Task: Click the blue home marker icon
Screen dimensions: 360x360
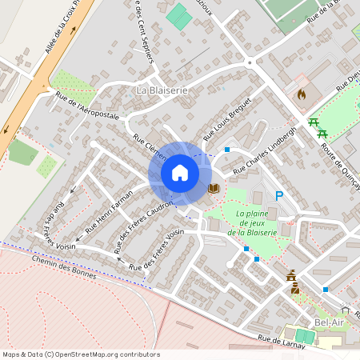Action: [x=180, y=173]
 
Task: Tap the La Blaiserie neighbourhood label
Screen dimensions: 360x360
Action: [x=162, y=90]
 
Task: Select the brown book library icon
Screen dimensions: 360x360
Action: [x=213, y=188]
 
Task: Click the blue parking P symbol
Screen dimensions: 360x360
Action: [x=279, y=196]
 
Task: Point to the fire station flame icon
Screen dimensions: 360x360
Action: [x=301, y=94]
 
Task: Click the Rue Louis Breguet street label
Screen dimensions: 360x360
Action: [x=228, y=121]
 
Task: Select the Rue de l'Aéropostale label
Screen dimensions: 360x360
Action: [x=87, y=106]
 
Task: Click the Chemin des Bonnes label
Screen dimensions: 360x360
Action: [x=64, y=268]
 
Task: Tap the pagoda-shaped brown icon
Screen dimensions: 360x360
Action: [x=291, y=276]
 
